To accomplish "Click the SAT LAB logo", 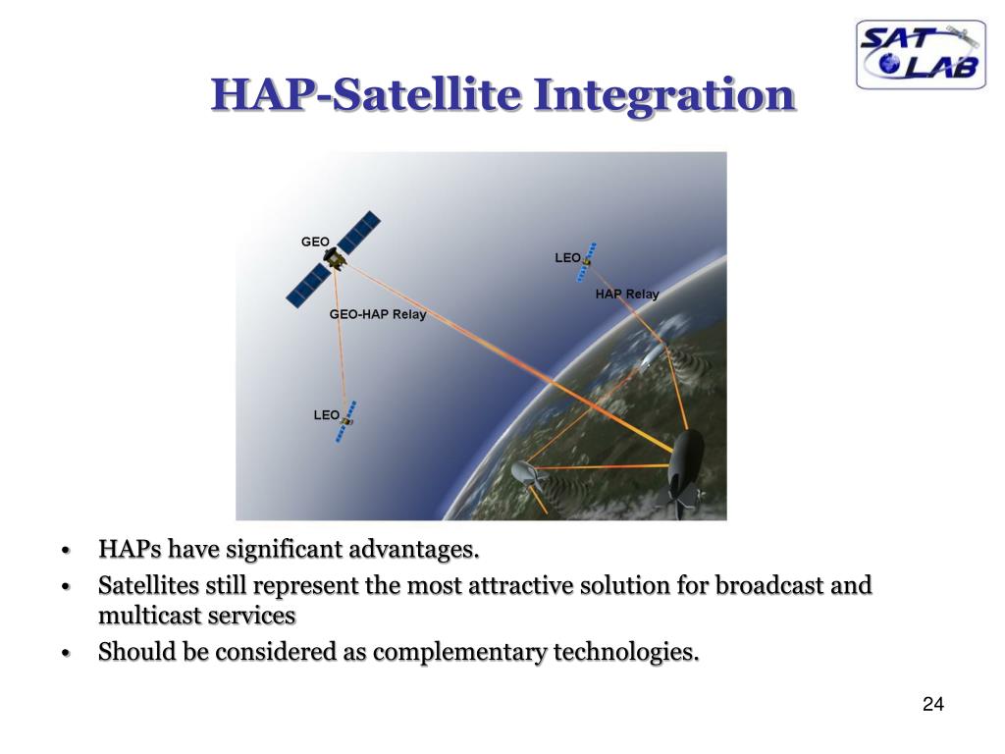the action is (921, 55).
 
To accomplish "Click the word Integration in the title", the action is (663, 94).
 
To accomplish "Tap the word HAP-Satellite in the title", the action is (366, 94).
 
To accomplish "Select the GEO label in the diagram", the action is (315, 242).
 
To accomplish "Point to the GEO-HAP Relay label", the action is (378, 314).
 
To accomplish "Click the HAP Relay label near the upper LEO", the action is (627, 294).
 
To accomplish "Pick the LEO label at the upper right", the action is (567, 258).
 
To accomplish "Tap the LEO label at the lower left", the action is (326, 415).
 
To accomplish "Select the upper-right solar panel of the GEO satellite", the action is (359, 232).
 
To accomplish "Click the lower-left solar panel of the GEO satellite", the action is (309, 287).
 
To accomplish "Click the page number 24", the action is (933, 704).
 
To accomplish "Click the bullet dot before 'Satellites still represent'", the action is (65, 587).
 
